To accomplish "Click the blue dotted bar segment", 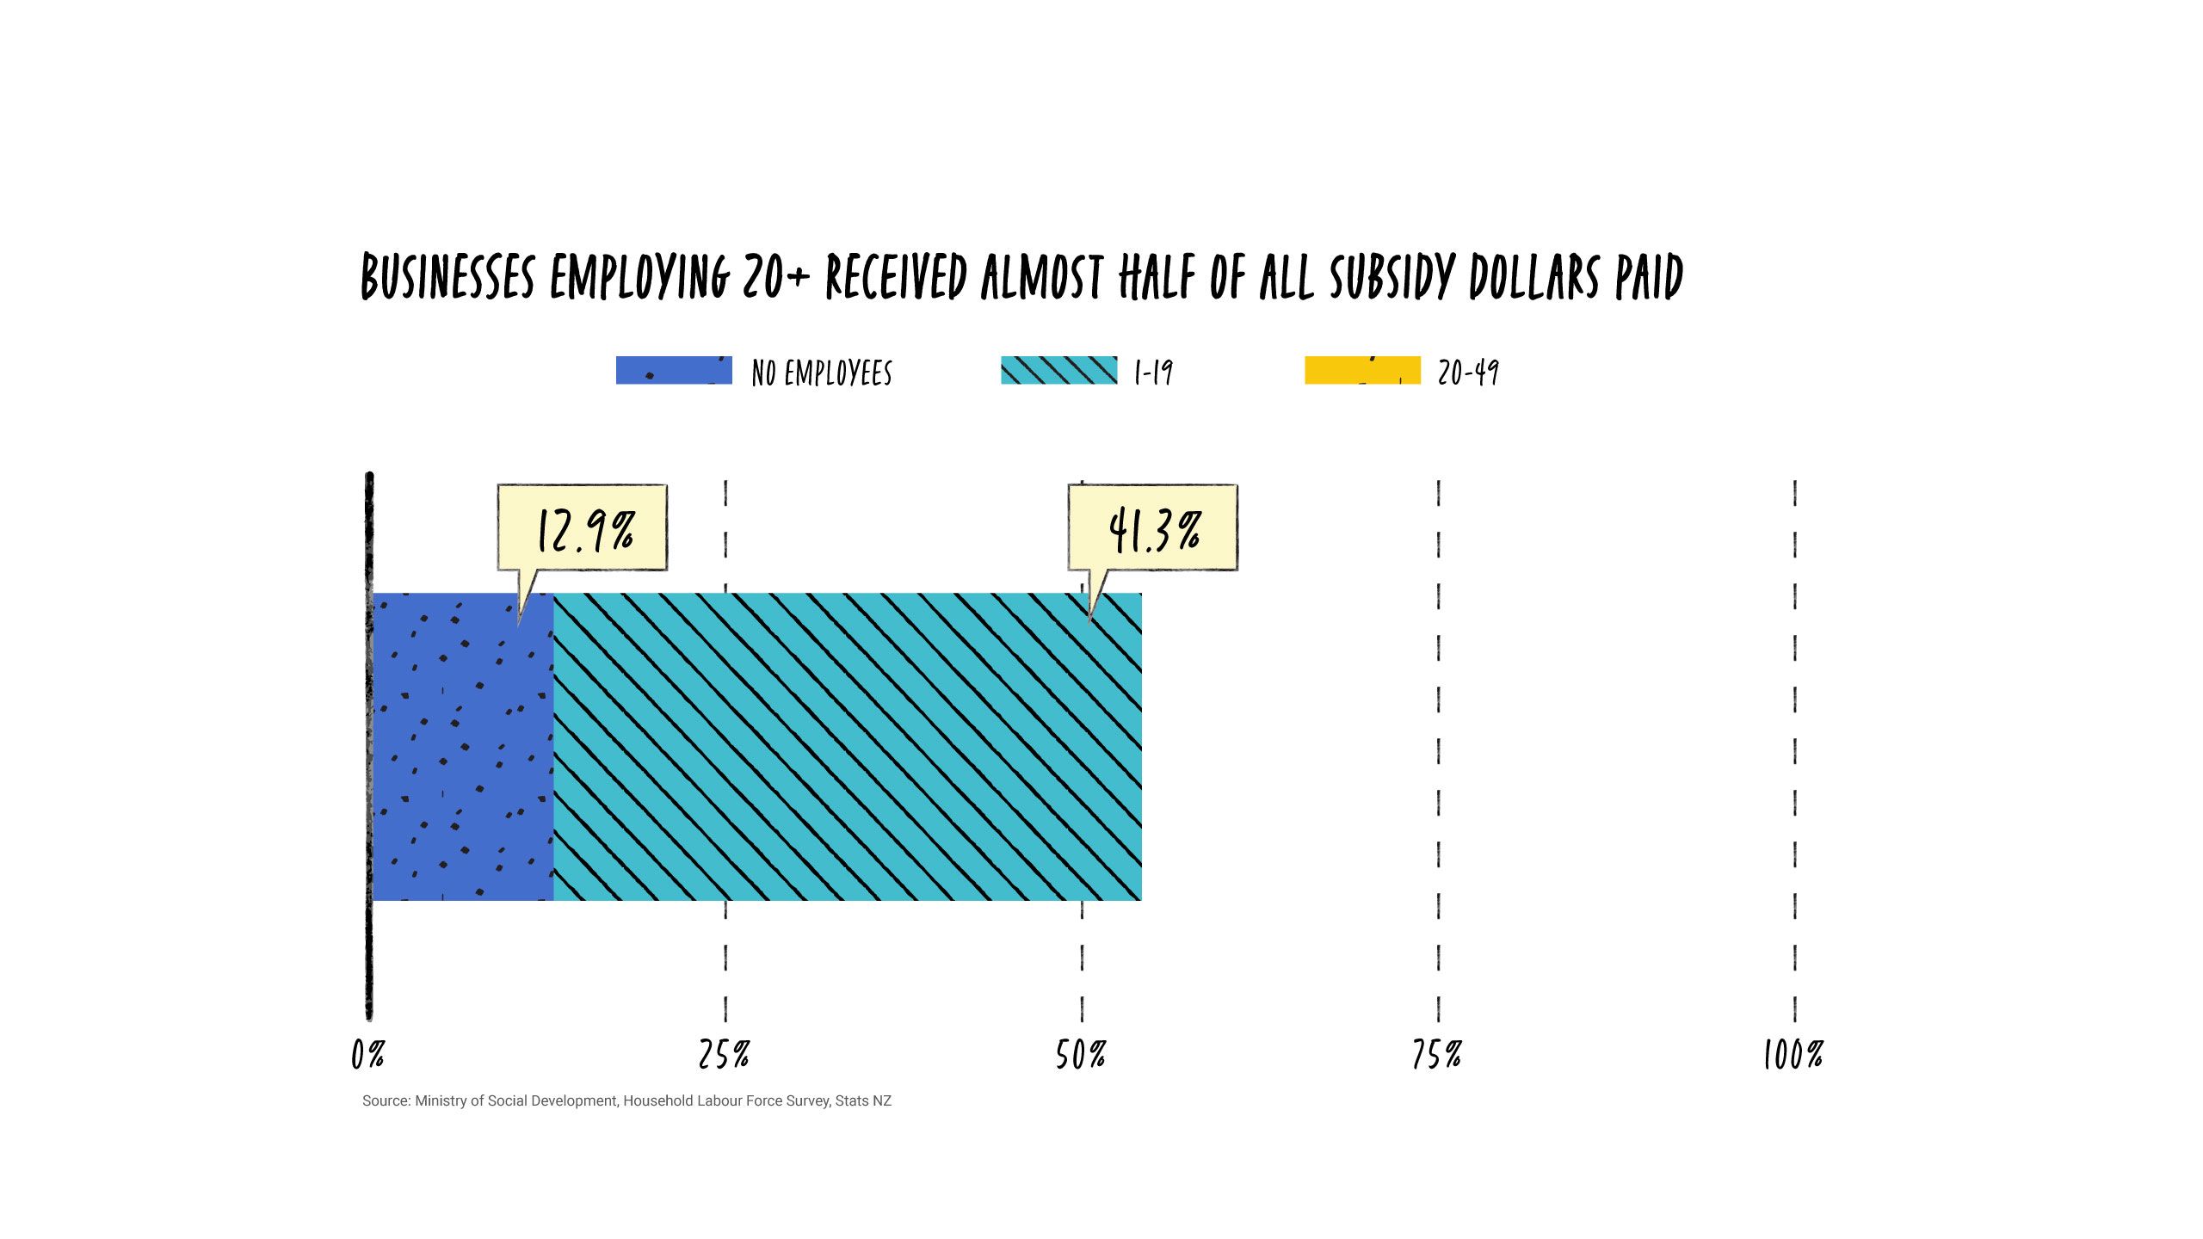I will (462, 747).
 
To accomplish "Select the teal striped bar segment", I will (848, 747).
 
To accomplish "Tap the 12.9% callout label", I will (583, 528).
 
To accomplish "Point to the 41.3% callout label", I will (1153, 528).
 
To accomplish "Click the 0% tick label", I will (367, 1054).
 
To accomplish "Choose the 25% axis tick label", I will (724, 1054).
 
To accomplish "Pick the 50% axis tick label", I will (1081, 1054).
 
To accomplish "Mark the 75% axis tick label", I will (1437, 1054).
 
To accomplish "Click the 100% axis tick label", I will (1793, 1054).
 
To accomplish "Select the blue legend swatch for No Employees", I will (674, 370).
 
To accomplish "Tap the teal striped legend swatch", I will (1058, 370).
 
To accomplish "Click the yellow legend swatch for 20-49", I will (1362, 370).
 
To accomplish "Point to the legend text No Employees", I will (822, 373).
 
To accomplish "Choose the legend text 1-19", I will (1153, 373).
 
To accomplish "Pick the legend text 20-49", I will (1468, 373).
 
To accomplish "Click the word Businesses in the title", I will (447, 277).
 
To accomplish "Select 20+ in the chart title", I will (776, 277).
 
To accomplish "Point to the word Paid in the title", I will (1649, 277).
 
